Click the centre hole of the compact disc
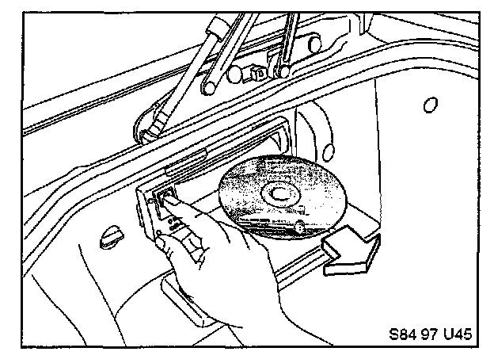pos(279,193)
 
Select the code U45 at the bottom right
pos(458,334)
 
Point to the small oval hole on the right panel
pos(430,104)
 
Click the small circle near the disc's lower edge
pos(300,227)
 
